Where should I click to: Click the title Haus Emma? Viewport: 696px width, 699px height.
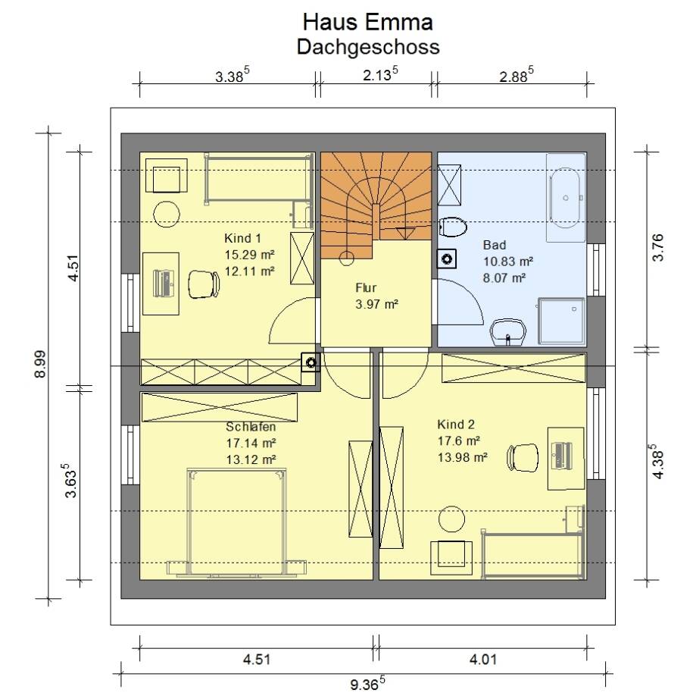click(368, 22)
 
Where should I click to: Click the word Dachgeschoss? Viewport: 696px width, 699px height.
click(368, 47)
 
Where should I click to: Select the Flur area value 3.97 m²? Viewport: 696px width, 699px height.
click(376, 304)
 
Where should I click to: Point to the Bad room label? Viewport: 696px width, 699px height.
click(495, 245)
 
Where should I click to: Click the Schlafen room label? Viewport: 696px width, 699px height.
click(251, 427)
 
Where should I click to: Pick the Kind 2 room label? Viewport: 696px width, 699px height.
click(456, 424)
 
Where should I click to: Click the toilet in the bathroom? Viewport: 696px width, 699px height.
click(452, 227)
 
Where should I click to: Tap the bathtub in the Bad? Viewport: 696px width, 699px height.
click(566, 198)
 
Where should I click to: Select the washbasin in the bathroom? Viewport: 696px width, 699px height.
click(507, 332)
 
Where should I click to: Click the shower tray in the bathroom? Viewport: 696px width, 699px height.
click(561, 321)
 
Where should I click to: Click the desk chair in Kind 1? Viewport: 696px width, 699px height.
click(204, 284)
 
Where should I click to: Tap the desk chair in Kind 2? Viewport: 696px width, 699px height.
click(523, 457)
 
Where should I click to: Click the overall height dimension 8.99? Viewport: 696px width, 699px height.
click(40, 364)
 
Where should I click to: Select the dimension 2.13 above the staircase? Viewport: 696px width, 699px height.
click(380, 74)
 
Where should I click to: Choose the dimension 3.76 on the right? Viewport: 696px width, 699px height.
click(657, 247)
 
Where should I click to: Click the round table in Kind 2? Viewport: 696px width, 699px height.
click(451, 519)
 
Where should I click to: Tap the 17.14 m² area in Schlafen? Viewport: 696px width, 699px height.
click(251, 443)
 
